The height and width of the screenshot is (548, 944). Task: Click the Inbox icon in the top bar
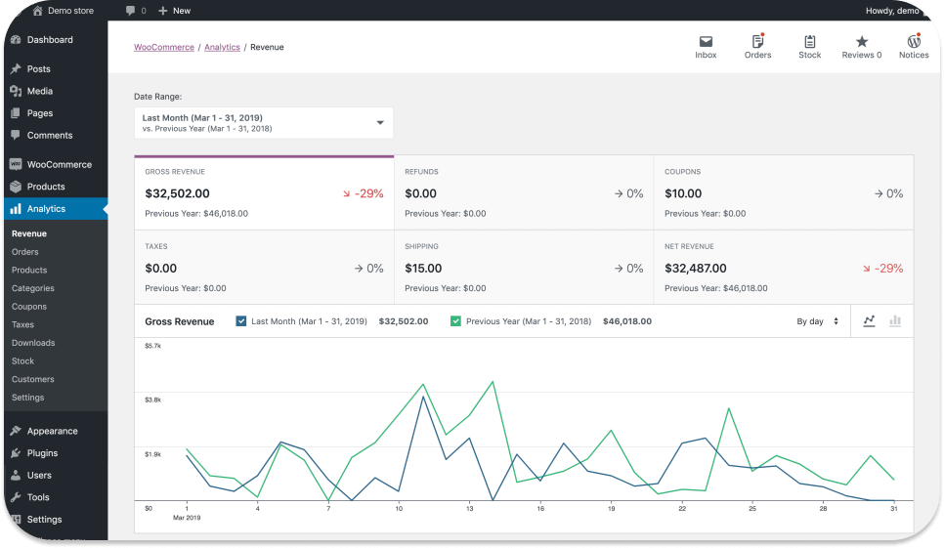[706, 42]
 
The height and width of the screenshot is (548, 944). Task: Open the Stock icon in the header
[809, 42]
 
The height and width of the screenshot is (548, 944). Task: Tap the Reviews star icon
[861, 42]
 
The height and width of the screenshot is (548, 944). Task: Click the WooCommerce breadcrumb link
[163, 47]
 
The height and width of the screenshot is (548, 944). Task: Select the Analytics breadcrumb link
[222, 47]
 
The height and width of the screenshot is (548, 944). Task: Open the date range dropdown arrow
[380, 123]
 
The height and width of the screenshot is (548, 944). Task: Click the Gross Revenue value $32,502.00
[177, 193]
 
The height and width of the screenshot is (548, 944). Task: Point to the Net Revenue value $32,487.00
[696, 268]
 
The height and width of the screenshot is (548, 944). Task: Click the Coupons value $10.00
[683, 193]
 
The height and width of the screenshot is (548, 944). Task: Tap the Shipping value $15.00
[423, 268]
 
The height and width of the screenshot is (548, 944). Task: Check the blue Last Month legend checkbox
[241, 321]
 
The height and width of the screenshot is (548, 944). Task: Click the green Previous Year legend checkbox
[455, 321]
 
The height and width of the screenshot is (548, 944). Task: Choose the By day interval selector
[817, 321]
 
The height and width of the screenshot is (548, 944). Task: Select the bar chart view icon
[895, 321]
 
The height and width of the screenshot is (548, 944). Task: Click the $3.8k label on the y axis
[152, 400]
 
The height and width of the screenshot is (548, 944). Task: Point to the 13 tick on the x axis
[469, 509]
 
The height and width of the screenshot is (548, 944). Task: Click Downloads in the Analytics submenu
[33, 343]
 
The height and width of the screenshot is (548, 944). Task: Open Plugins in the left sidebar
[42, 453]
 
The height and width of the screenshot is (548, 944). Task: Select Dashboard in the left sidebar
[50, 40]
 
